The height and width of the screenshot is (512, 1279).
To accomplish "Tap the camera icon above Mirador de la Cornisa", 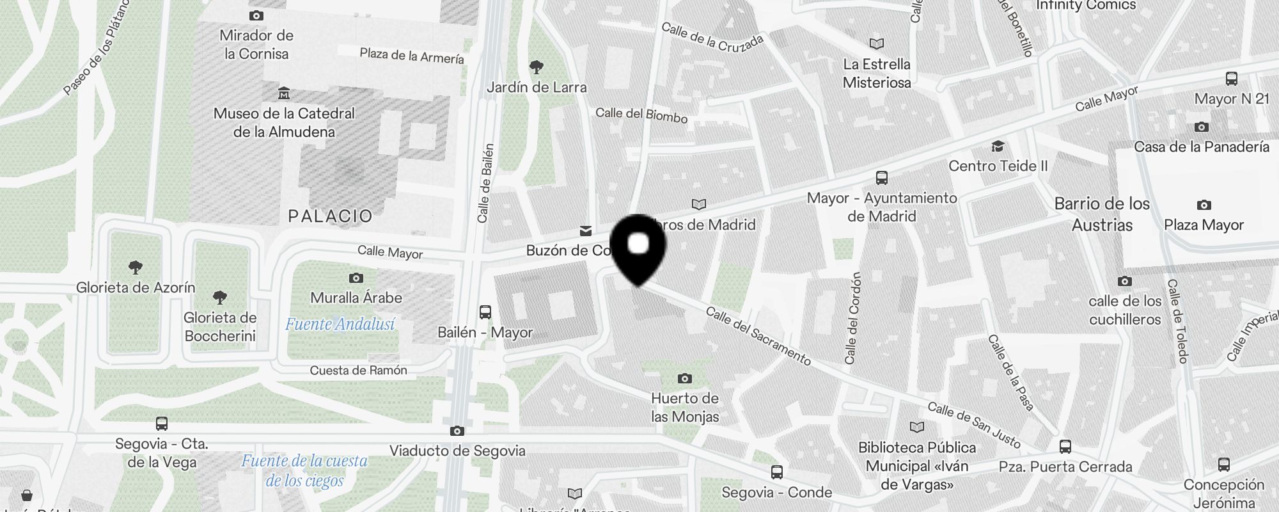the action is [256, 15].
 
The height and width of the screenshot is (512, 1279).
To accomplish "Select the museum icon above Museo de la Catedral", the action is [284, 93].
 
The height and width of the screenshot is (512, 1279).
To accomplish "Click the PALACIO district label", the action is [330, 216].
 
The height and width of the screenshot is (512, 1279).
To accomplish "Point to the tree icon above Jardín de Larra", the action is [537, 67].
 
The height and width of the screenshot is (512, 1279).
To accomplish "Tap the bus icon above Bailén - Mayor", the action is [485, 312].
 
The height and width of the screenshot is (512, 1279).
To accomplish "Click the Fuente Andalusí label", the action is [340, 324].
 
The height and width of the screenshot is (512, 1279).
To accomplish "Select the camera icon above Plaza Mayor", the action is [1204, 205].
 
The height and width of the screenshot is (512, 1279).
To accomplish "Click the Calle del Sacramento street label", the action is [758, 336].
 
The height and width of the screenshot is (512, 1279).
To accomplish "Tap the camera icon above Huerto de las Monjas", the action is [684, 378].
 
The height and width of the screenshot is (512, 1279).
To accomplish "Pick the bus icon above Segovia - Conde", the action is [777, 473].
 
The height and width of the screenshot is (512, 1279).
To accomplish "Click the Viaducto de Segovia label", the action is [457, 451].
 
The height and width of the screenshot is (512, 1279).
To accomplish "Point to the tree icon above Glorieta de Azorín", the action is [135, 267].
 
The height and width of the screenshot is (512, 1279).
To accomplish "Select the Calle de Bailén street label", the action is [486, 183].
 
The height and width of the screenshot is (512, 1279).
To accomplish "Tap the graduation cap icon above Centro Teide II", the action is [998, 147].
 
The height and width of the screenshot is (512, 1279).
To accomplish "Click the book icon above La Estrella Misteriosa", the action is [877, 44].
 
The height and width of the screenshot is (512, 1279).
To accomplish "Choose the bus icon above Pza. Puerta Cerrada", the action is [1065, 447].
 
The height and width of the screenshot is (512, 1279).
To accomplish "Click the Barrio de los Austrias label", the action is [1102, 214].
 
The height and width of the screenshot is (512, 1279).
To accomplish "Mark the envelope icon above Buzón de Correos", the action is [585, 231].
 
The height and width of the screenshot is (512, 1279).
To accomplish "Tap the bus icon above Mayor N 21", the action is [1232, 79].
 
